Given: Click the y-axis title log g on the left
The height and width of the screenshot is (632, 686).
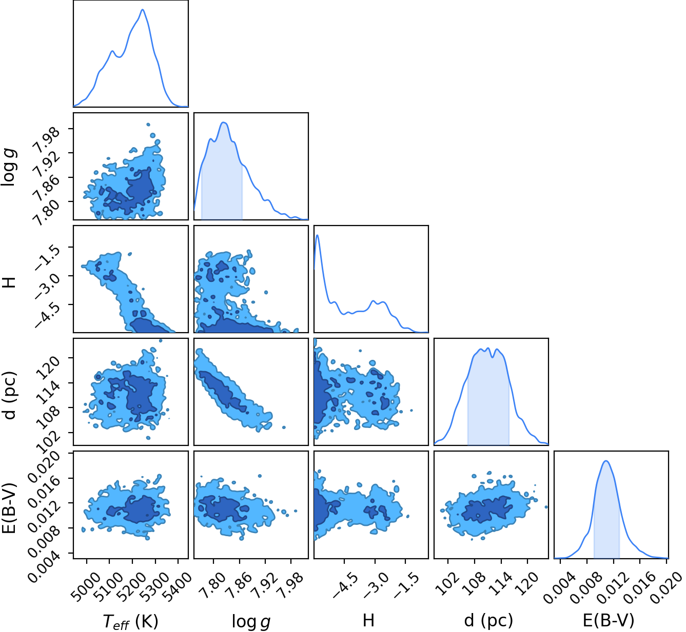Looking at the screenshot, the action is coord(9,167).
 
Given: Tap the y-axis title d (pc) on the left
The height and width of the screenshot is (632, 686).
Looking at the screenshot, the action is coord(9,395).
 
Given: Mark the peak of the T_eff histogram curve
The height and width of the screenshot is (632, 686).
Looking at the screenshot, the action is coord(142,9).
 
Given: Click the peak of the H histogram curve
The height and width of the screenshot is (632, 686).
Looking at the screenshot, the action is coord(317,235).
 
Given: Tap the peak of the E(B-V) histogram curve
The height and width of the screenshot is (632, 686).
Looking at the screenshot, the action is coord(606,461).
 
